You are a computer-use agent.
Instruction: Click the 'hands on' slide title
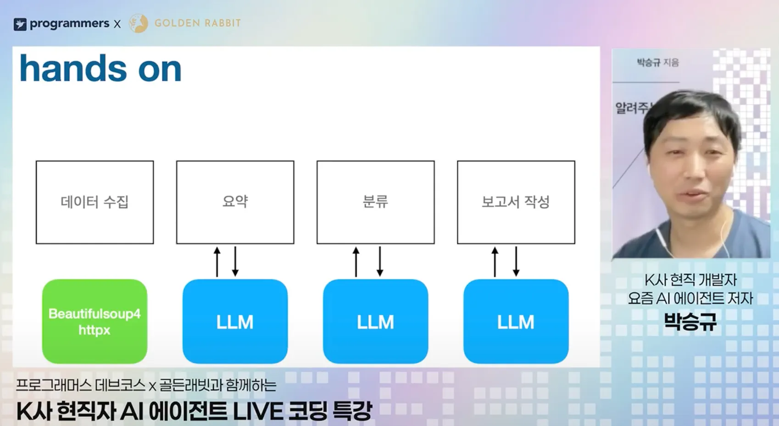(100, 69)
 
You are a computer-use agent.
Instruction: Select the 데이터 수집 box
(95, 202)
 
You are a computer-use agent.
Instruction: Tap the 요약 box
(235, 202)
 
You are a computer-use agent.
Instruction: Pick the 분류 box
(376, 202)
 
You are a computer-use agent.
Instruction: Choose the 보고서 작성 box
(516, 202)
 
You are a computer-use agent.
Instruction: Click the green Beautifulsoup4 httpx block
(95, 322)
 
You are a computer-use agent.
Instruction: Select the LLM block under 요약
(235, 322)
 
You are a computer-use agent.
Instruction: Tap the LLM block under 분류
(376, 322)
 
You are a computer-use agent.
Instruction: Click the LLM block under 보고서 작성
(516, 322)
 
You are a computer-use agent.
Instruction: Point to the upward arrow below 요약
(217, 262)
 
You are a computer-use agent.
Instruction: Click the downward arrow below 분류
(380, 262)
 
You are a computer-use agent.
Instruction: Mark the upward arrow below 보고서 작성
(495, 262)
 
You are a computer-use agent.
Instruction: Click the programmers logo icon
(20, 24)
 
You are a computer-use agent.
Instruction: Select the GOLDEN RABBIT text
(197, 23)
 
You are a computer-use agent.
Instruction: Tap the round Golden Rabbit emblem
(138, 23)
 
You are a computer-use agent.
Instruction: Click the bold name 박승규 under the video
(690, 322)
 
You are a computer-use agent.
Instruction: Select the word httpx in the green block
(95, 330)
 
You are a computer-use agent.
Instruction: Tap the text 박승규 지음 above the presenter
(657, 62)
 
